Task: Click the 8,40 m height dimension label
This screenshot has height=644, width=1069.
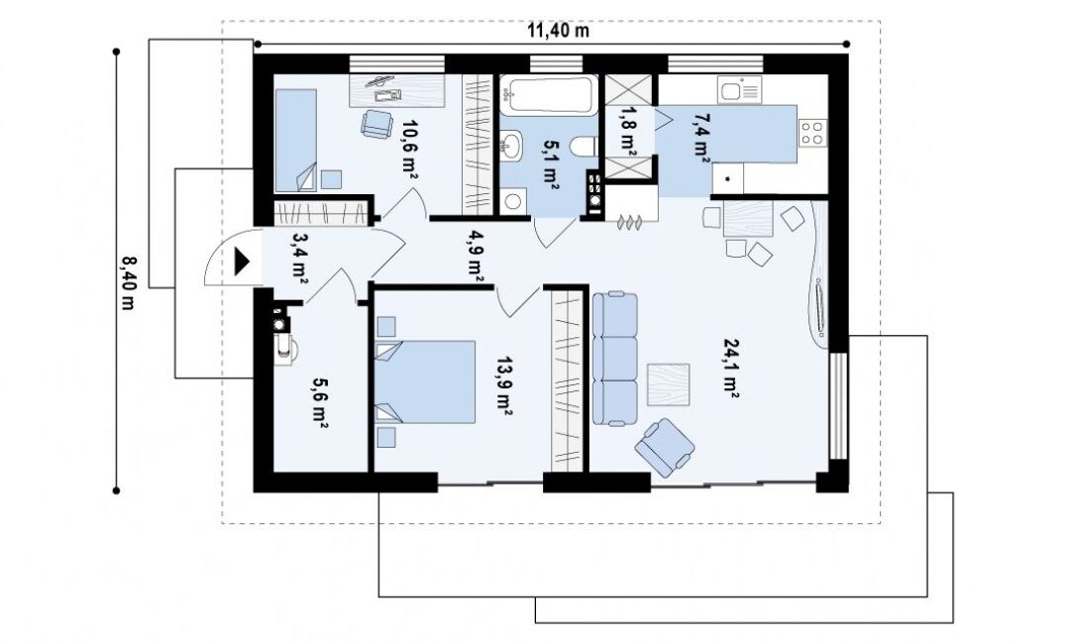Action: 128,282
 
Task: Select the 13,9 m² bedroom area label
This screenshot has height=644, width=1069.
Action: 504,385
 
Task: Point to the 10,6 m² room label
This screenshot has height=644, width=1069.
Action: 409,150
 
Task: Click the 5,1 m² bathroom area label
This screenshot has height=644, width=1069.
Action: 551,164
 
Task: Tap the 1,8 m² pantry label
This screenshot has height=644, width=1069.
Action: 627,132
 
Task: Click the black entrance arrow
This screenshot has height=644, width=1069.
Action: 242,262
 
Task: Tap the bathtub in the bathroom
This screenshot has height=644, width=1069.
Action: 549,95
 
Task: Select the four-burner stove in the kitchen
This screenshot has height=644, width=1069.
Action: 812,133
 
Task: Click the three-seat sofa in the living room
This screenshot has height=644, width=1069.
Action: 615,359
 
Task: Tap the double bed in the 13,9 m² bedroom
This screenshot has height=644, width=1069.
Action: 425,382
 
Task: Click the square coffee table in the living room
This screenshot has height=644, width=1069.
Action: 668,384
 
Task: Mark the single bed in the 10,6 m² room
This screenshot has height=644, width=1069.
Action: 296,141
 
